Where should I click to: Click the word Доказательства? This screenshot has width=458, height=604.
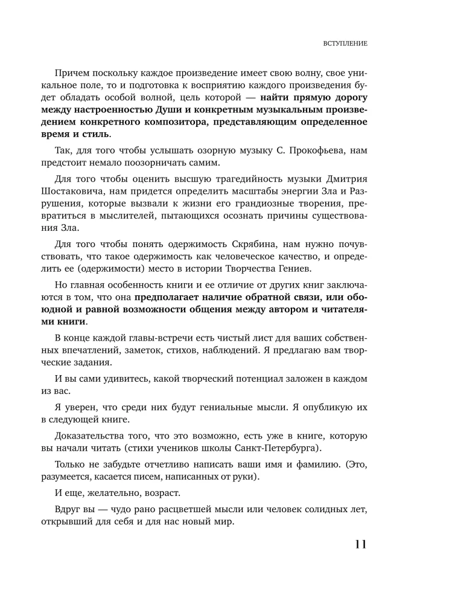click(94, 436)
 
